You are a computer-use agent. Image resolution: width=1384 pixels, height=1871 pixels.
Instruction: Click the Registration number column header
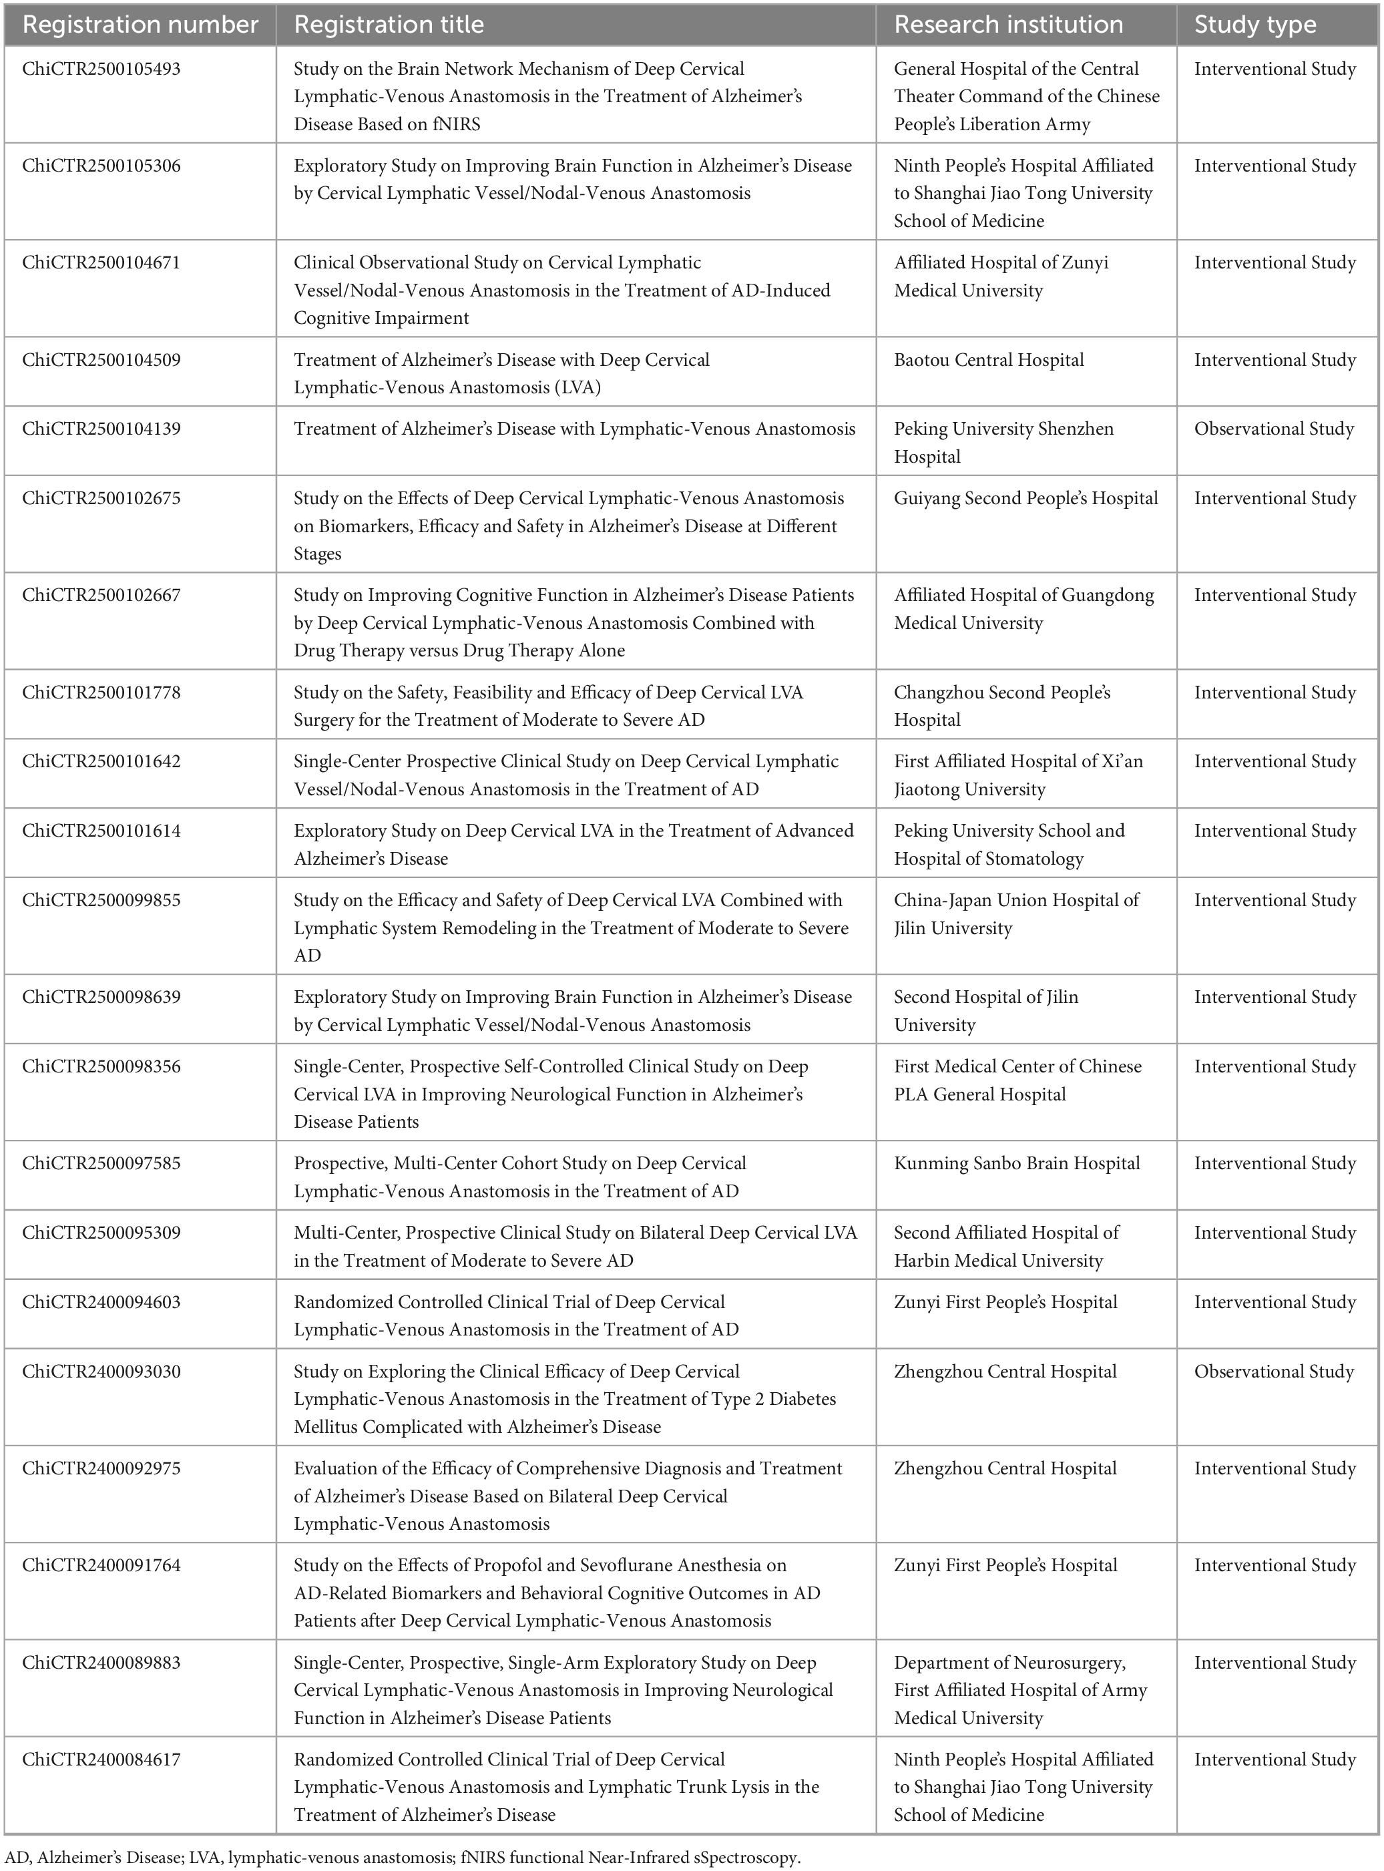pyautogui.click(x=140, y=24)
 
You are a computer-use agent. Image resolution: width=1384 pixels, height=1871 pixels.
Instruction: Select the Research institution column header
pyautogui.click(x=1008, y=24)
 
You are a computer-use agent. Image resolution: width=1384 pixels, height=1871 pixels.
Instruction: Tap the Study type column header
pyautogui.click(x=1255, y=24)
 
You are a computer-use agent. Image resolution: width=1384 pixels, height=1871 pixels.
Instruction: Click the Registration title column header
pyautogui.click(x=389, y=24)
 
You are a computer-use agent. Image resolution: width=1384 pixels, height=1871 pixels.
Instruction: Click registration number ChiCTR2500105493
pyautogui.click(x=101, y=69)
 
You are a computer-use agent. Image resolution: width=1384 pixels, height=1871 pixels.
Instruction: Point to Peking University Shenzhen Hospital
pyautogui.click(x=1003, y=443)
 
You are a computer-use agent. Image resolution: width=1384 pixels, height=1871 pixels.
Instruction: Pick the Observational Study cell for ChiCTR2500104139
pyautogui.click(x=1273, y=429)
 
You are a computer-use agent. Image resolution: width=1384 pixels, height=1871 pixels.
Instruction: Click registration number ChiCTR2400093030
pyautogui.click(x=101, y=1372)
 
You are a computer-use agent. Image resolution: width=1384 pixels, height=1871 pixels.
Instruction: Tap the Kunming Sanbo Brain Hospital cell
pyautogui.click(x=1016, y=1163)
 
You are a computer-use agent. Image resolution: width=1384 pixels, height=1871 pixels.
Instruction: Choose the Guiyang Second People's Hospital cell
pyautogui.click(x=1025, y=499)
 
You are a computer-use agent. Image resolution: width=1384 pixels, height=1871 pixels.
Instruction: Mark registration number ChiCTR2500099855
pyautogui.click(x=101, y=900)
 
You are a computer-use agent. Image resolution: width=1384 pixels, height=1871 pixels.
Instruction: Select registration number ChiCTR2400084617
pyautogui.click(x=101, y=1759)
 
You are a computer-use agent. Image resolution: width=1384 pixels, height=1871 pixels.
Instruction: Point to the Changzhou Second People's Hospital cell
pyautogui.click(x=1001, y=706)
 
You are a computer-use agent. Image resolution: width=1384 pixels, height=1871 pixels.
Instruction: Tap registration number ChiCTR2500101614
pyautogui.click(x=101, y=831)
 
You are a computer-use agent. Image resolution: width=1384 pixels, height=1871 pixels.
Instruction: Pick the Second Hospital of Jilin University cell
pyautogui.click(x=985, y=1010)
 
